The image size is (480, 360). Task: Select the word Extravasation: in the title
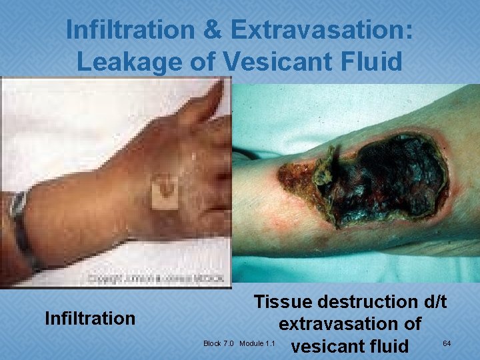322,31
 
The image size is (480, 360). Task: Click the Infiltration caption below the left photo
89,319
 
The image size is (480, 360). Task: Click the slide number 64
447,343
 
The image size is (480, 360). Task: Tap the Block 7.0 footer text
218,344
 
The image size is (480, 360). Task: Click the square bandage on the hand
165,193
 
